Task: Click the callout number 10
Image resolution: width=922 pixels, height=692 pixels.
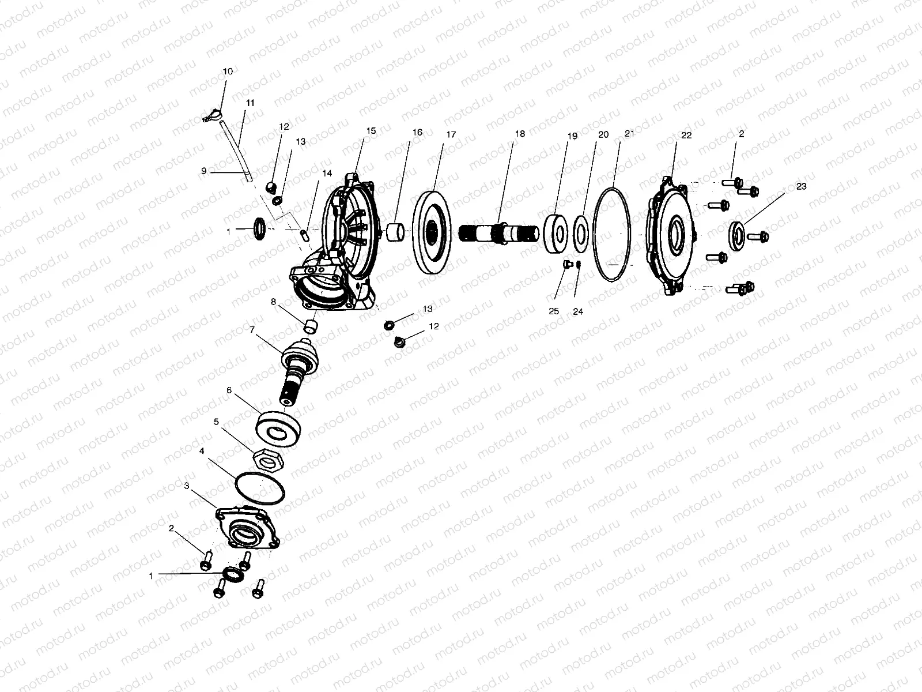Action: tap(228, 72)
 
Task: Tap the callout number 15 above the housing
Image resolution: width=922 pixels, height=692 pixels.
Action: tap(371, 131)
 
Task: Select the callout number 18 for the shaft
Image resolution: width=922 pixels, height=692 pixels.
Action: tap(520, 134)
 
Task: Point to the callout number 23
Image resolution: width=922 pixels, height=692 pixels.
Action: tap(802, 186)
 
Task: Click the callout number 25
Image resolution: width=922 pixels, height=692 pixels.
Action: tap(554, 311)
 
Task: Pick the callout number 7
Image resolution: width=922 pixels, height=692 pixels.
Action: tap(252, 330)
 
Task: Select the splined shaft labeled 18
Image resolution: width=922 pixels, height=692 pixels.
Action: tap(498, 233)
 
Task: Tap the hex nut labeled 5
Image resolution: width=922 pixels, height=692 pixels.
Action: tap(269, 460)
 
